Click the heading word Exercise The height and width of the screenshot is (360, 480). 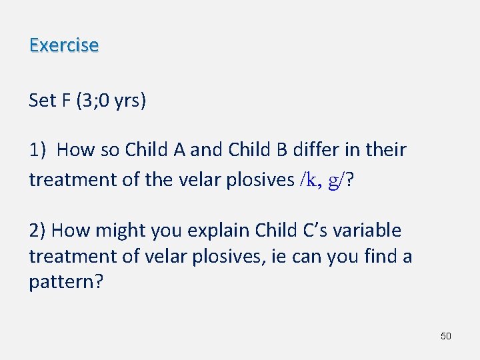tap(64, 45)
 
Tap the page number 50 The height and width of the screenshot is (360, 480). tap(446, 336)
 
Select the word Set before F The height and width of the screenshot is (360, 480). tap(42, 101)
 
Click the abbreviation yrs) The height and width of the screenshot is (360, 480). tap(130, 101)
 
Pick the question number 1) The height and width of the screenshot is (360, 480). tap(38, 149)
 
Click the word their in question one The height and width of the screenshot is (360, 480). tap(385, 149)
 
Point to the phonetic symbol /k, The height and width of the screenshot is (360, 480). tap(311, 179)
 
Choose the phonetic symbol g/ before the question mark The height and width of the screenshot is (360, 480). tap(339, 179)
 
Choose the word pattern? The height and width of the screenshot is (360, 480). tap(66, 281)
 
